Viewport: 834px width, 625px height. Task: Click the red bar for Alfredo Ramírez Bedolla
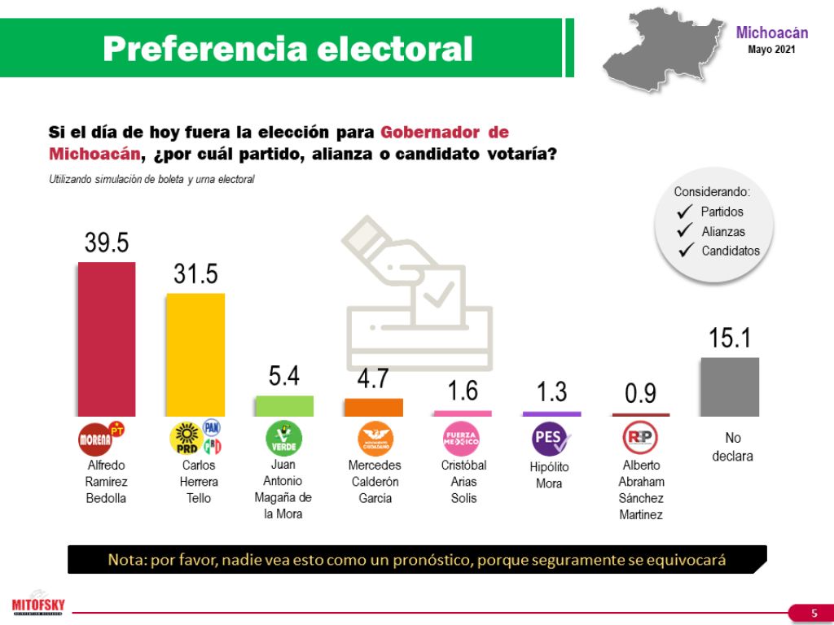coord(106,339)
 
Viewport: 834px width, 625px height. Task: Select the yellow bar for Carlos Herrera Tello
coord(195,355)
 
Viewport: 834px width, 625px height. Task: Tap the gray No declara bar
coord(730,387)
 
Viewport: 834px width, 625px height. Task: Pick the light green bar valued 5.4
coord(284,407)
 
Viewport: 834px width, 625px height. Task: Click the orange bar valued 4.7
coord(373,408)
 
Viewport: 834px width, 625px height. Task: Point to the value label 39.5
coord(107,243)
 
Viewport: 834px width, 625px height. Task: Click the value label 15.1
coord(730,338)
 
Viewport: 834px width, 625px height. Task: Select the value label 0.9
coord(640,393)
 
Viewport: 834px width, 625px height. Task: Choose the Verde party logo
coord(284,438)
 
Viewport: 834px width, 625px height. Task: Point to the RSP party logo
coord(640,438)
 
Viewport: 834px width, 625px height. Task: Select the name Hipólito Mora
coord(551,475)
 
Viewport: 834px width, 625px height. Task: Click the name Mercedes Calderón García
coord(375,482)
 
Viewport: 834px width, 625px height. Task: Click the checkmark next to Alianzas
coord(684,231)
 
